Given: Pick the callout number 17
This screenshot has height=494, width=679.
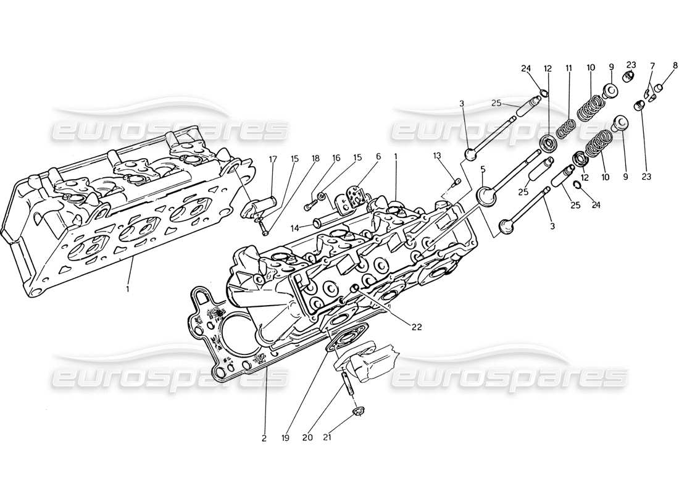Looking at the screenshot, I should [x=273, y=159].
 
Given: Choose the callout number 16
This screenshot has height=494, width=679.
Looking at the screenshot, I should [x=336, y=159].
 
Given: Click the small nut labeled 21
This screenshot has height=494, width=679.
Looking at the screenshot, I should [x=356, y=412].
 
